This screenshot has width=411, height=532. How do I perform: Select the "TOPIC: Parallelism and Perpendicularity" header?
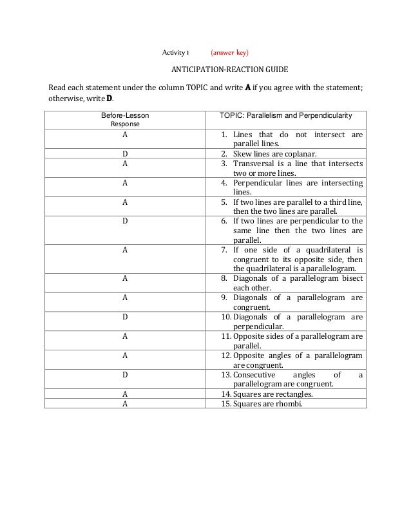click(x=285, y=115)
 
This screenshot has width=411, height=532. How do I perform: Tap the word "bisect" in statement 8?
click(x=351, y=278)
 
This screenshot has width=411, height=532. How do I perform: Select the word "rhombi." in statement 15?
click(x=289, y=404)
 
